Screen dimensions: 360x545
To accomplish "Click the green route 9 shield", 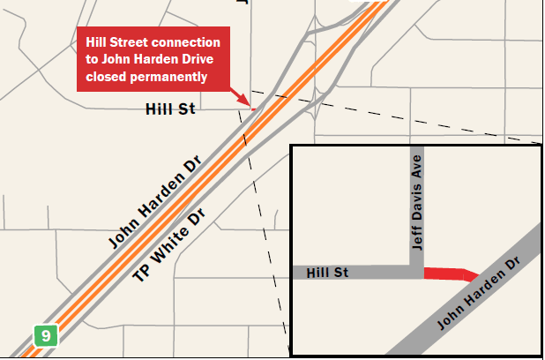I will (x=45, y=335).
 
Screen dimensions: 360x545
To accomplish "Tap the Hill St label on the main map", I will (x=169, y=109).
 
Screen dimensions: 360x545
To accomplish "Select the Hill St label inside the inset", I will (x=327, y=273).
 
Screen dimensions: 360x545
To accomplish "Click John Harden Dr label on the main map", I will (x=155, y=202).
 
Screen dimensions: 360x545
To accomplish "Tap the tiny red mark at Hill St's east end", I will (x=253, y=109).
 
